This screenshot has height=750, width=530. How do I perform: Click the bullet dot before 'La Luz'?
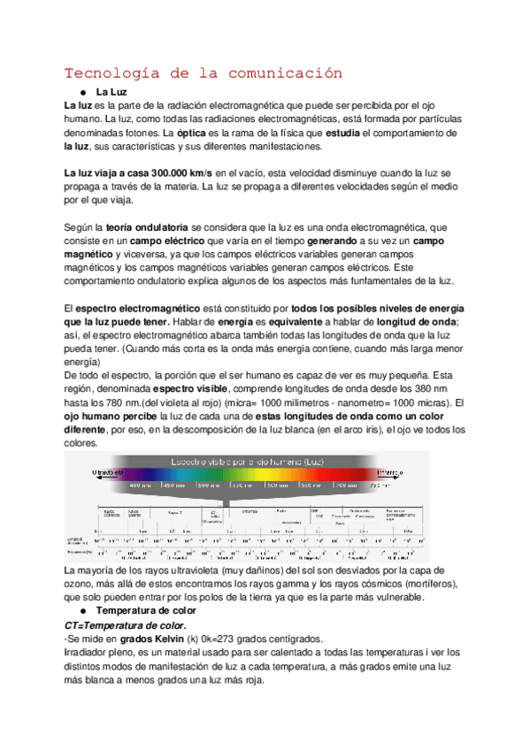(81, 91)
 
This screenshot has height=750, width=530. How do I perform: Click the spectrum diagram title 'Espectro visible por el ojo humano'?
(252, 461)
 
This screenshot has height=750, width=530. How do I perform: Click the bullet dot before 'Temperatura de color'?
(81, 586)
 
